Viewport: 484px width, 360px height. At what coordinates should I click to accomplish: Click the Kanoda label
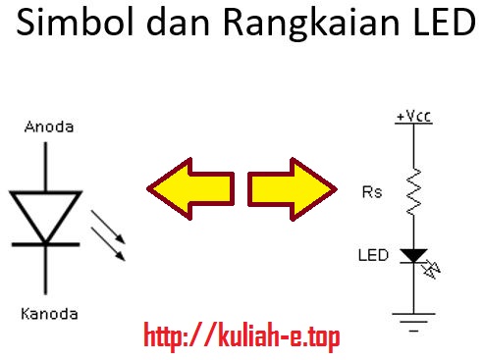(48, 314)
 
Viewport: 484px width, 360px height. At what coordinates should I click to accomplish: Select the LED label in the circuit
(374, 255)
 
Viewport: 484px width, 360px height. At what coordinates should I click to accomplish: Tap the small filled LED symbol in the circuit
(414, 255)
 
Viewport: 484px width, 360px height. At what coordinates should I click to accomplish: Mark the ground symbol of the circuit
(413, 319)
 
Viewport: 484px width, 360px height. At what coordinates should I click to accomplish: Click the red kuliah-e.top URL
(242, 337)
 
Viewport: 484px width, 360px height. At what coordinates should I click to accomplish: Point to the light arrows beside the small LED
(433, 265)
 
